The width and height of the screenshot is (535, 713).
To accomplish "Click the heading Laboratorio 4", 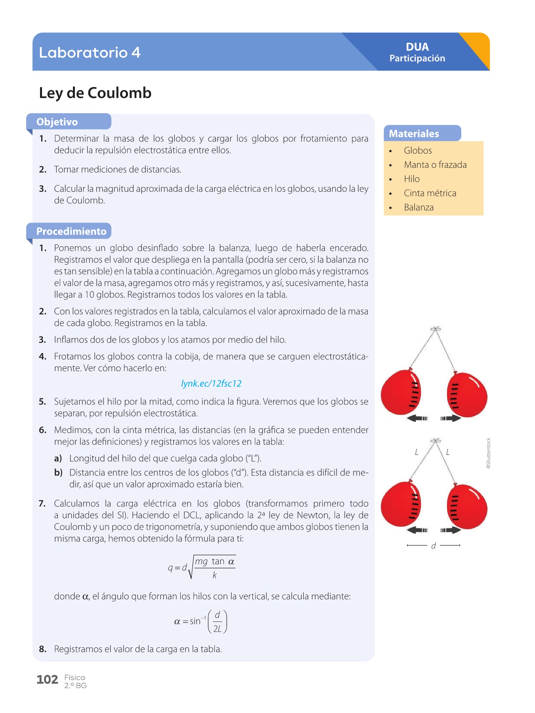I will point(90,52).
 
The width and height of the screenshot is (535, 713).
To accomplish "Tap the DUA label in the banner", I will point(417,47).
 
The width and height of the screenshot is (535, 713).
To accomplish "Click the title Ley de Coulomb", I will point(95,93).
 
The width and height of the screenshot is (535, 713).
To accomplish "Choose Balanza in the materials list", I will point(418,207).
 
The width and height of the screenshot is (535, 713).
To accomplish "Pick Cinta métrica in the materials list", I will point(430,193).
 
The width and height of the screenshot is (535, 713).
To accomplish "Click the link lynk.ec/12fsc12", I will point(211,383).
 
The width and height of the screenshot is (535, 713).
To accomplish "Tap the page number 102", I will point(47,680).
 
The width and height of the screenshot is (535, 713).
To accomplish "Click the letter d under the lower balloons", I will point(434,546).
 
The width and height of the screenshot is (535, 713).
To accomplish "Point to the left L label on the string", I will point(417,452).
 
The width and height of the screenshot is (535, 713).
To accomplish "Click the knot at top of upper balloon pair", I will point(436,329).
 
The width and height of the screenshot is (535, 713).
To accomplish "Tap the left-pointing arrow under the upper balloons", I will point(417,418).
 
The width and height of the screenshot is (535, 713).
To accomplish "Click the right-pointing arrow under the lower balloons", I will point(451,530).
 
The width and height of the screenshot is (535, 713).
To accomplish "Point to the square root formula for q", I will point(202,568).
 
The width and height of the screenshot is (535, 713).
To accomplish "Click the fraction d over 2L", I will point(218,622).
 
